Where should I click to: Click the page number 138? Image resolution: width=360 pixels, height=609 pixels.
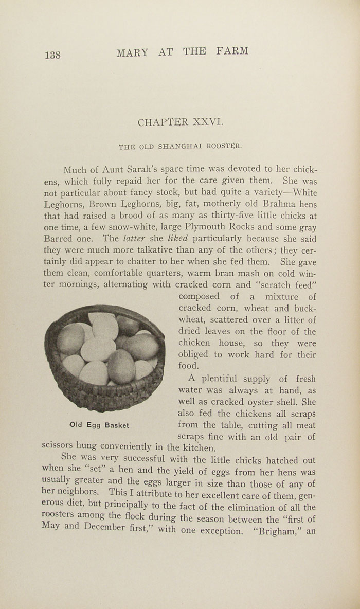pos(53,55)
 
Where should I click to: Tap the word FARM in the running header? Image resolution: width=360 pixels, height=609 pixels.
pos(232,51)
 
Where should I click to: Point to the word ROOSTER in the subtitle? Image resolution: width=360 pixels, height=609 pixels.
pos(224,146)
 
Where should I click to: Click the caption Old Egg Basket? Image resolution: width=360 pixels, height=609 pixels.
pos(99,425)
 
